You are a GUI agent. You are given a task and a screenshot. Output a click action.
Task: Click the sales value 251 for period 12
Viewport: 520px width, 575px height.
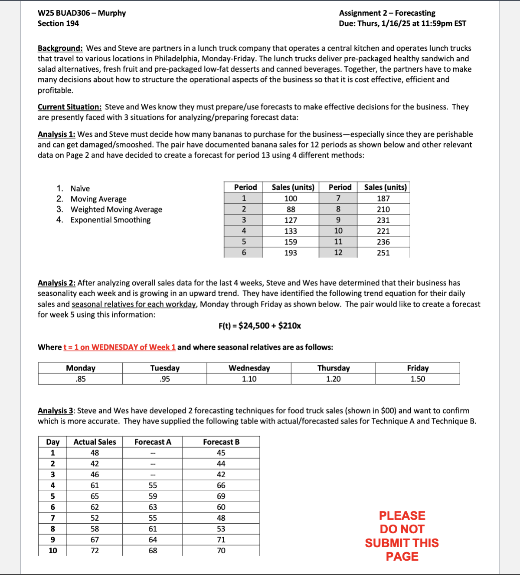pyautogui.click(x=383, y=253)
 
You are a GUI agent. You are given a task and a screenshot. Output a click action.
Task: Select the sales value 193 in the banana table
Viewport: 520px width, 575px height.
pyautogui.click(x=291, y=253)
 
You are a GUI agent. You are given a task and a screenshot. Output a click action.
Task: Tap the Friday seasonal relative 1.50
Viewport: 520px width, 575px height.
pyautogui.click(x=418, y=379)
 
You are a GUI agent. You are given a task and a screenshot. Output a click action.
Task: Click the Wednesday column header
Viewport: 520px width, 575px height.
pyautogui.click(x=249, y=368)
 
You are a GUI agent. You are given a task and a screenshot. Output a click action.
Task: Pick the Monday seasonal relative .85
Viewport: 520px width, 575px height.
pyautogui.click(x=80, y=379)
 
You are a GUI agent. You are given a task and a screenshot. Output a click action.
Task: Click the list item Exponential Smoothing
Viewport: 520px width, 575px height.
pyautogui.click(x=110, y=220)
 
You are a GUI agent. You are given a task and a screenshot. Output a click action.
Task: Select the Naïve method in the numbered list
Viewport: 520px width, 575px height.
pyautogui.click(x=80, y=188)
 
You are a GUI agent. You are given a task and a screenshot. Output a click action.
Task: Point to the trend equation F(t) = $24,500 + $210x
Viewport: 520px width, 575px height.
pyautogui.click(x=259, y=326)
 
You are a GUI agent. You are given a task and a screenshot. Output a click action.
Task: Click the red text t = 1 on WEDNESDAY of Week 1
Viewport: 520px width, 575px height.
pyautogui.click(x=119, y=347)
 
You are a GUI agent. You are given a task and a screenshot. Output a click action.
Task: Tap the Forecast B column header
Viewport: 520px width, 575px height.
pyautogui.click(x=221, y=442)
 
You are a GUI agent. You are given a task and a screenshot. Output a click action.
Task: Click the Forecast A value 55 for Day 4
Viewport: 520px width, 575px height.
pyautogui.click(x=153, y=486)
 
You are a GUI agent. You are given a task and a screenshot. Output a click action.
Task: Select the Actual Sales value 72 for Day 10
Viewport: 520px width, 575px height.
pyautogui.click(x=95, y=551)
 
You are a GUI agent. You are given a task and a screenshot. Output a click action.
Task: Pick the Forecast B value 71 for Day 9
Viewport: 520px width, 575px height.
pyautogui.click(x=221, y=540)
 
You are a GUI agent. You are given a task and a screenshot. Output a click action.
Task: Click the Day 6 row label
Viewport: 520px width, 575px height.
pyautogui.click(x=52, y=507)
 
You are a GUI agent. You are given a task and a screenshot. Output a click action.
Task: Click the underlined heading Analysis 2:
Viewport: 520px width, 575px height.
pyautogui.click(x=56, y=283)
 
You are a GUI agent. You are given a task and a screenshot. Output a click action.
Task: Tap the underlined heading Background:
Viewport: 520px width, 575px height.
pyautogui.click(x=60, y=48)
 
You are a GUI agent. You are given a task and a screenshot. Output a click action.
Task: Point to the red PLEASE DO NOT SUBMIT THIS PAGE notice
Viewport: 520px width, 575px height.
pyautogui.click(x=402, y=536)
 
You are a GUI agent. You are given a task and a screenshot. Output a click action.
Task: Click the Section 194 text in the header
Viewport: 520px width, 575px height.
pyautogui.click(x=58, y=23)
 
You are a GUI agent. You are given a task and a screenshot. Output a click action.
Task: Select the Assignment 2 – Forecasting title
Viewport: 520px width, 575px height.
pyautogui.click(x=387, y=13)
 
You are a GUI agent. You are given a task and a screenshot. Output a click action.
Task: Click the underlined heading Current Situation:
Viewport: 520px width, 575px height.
pyautogui.click(x=69, y=107)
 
